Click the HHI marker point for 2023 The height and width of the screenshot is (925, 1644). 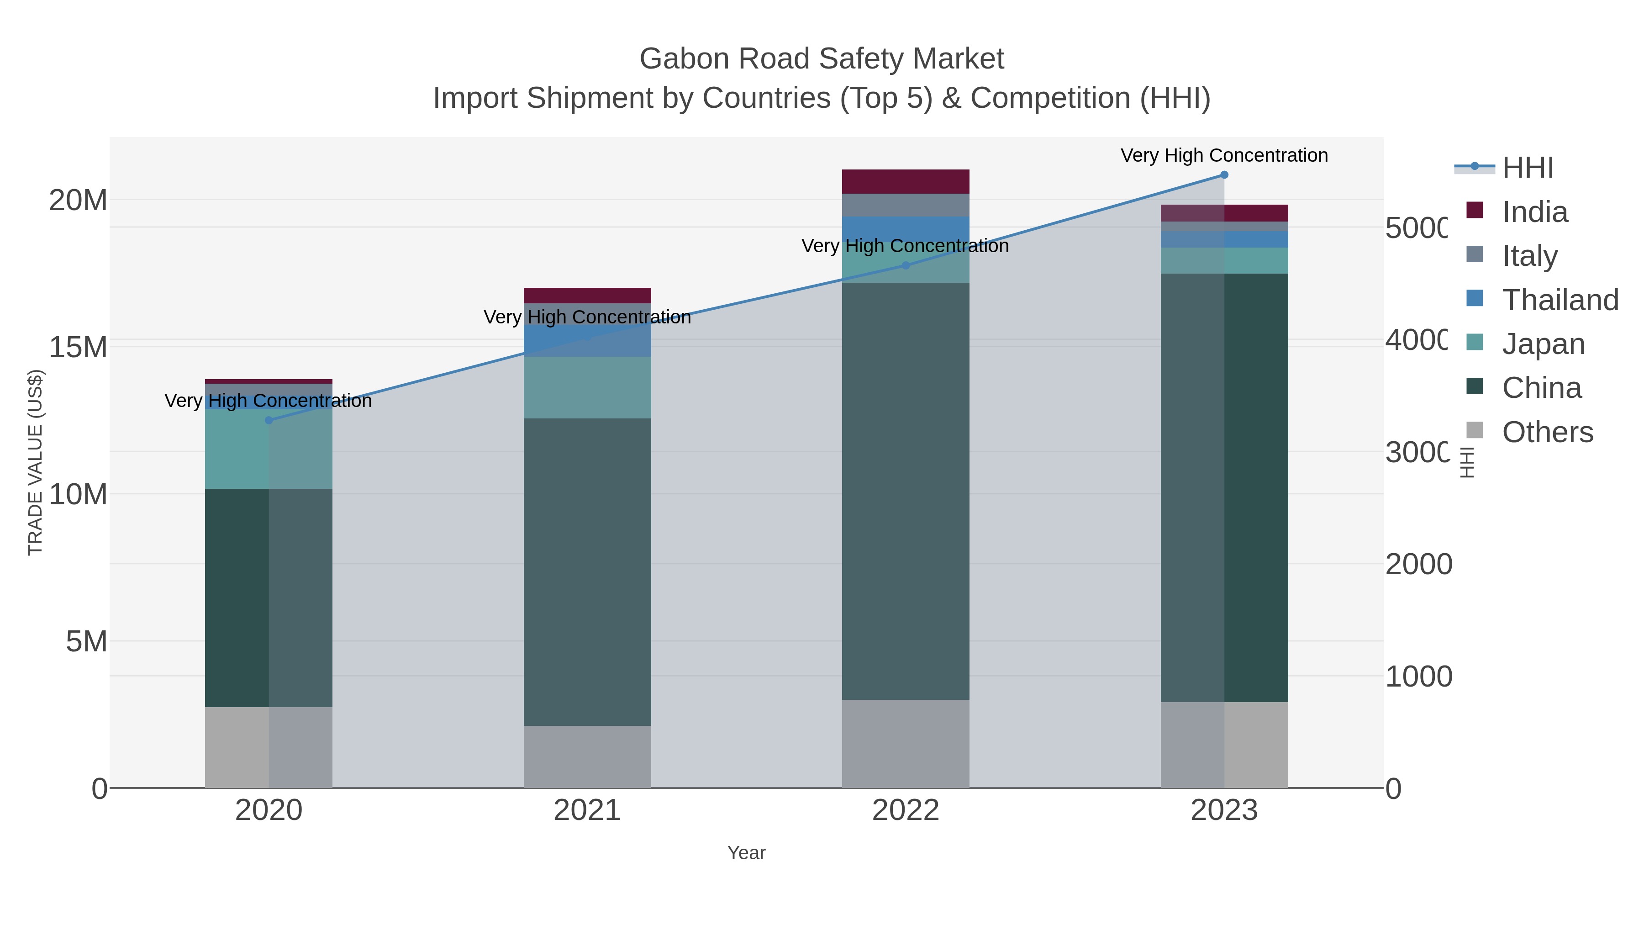tap(1223, 174)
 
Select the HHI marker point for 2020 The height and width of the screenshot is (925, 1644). tap(269, 420)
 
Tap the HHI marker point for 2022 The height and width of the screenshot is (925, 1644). tap(905, 265)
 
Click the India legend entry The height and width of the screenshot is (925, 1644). tap(1534, 212)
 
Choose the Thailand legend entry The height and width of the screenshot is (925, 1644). tap(1560, 300)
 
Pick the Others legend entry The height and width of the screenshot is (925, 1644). tap(1547, 432)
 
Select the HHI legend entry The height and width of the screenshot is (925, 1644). tap(1527, 168)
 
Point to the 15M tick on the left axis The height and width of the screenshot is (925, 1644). tap(78, 347)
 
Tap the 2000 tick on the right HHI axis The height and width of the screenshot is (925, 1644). tap(1418, 564)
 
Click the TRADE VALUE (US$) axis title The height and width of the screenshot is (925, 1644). tap(35, 462)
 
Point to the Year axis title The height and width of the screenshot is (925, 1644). tap(746, 853)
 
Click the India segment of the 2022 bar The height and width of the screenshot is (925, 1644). tap(905, 181)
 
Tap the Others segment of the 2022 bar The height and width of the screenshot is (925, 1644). tap(905, 744)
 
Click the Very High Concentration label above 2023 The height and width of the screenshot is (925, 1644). tap(1223, 155)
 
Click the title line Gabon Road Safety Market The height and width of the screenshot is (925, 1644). tap(822, 59)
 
